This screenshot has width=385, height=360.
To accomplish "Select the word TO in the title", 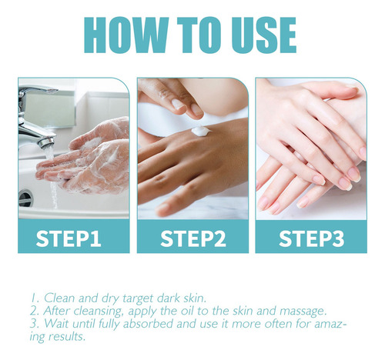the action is (199, 35).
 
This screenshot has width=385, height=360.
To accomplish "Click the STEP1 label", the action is (69, 238).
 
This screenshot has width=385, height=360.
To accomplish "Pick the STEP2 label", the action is (193, 238).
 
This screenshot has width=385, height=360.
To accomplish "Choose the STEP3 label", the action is (311, 238).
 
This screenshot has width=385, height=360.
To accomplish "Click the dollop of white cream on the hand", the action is (201, 132).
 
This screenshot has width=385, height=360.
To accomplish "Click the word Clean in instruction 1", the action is (60, 298).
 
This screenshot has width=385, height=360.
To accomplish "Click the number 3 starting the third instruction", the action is (34, 324).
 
